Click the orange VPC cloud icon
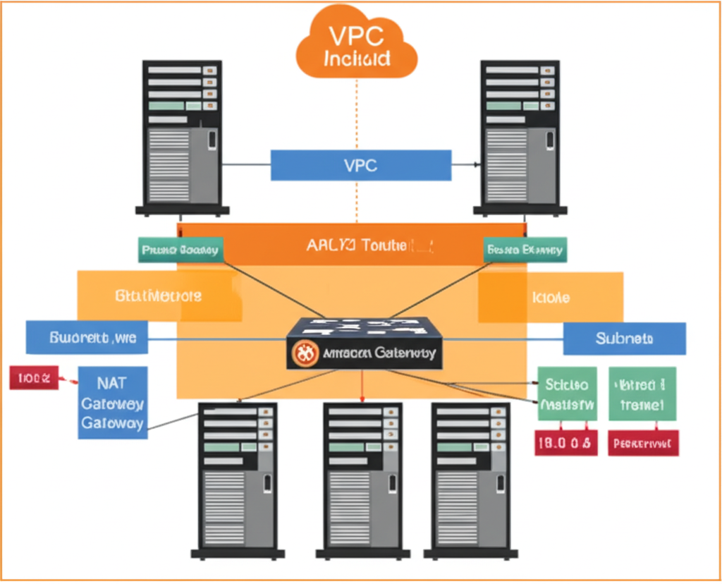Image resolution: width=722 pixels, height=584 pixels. (357, 44)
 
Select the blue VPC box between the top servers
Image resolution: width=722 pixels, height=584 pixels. (360, 166)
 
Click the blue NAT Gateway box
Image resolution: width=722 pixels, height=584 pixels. (113, 403)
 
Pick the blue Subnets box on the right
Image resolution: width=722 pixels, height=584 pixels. (624, 339)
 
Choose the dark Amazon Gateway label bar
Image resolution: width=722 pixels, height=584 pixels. (365, 353)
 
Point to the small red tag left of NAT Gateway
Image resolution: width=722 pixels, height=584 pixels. (32, 378)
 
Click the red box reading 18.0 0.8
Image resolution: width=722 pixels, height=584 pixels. (566, 443)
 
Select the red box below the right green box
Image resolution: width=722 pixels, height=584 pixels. (643, 443)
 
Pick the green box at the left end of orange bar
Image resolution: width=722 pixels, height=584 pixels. (180, 250)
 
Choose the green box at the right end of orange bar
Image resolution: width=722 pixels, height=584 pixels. (525, 250)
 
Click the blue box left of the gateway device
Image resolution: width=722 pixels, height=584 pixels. (86, 338)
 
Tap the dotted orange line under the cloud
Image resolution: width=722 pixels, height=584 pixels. (357, 113)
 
